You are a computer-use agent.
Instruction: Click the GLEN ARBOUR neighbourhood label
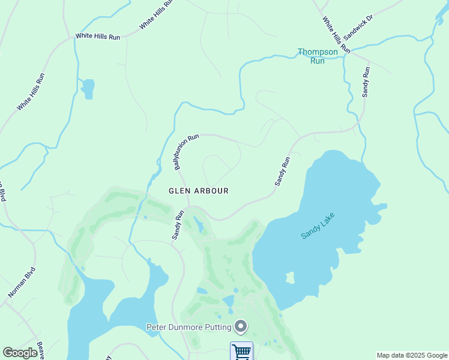[198, 191]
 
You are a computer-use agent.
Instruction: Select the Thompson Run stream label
[318, 56]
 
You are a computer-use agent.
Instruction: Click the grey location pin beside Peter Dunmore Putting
[241, 326]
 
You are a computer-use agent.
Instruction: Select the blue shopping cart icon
[241, 351]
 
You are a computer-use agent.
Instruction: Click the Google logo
[20, 353]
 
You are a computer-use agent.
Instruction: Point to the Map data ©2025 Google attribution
[412, 355]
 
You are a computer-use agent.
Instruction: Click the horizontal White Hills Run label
[98, 37]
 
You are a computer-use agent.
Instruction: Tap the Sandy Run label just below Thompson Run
[366, 82]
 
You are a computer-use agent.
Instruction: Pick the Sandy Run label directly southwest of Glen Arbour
[178, 225]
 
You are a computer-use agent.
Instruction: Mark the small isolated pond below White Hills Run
[88, 88]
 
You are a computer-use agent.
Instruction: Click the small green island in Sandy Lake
[291, 278]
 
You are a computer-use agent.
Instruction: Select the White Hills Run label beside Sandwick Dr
[336, 34]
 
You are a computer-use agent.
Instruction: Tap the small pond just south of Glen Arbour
[199, 226]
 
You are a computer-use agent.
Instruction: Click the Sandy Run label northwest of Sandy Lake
[282, 170]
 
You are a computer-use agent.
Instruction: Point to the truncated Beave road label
[40, 350]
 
